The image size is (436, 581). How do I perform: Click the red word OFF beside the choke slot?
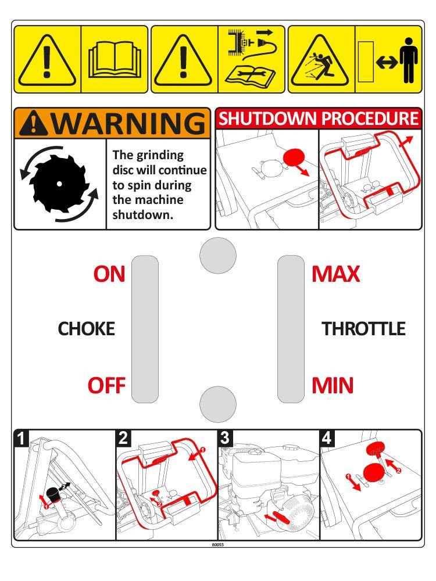pos(106,385)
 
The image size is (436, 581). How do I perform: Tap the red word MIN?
pos(333,385)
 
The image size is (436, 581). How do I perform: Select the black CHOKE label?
pos(86,329)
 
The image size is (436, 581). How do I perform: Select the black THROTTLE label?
pos(363,329)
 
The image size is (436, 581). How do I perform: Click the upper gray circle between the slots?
pos(218,254)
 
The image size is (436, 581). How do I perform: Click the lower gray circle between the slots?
pos(218,402)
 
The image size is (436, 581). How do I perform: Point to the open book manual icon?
pos(115,60)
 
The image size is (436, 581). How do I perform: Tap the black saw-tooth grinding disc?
pos(59,184)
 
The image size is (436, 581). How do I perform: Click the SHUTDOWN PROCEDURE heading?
pos(318,119)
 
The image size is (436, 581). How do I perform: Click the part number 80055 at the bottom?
pos(218,544)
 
